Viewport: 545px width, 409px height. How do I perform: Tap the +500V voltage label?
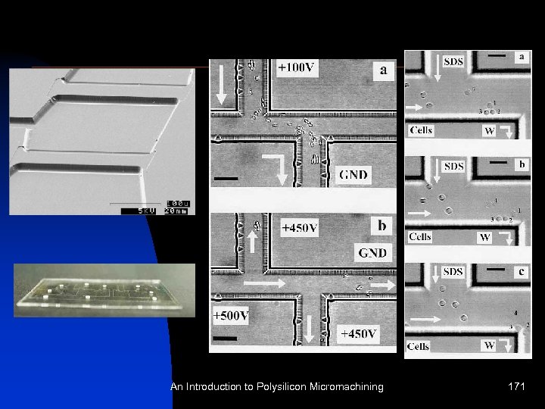pos(230,315)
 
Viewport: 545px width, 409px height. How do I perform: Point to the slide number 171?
pos(518,387)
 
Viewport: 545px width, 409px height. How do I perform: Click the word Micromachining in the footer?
pos(341,387)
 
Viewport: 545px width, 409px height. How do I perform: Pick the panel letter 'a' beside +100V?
pos(385,70)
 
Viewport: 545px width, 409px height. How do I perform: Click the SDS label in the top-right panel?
pos(454,61)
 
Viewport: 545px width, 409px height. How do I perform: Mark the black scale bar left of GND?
pos(226,179)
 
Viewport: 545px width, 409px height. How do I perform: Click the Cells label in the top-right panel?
pos(422,130)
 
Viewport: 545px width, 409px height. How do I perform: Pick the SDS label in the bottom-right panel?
pos(453,272)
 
